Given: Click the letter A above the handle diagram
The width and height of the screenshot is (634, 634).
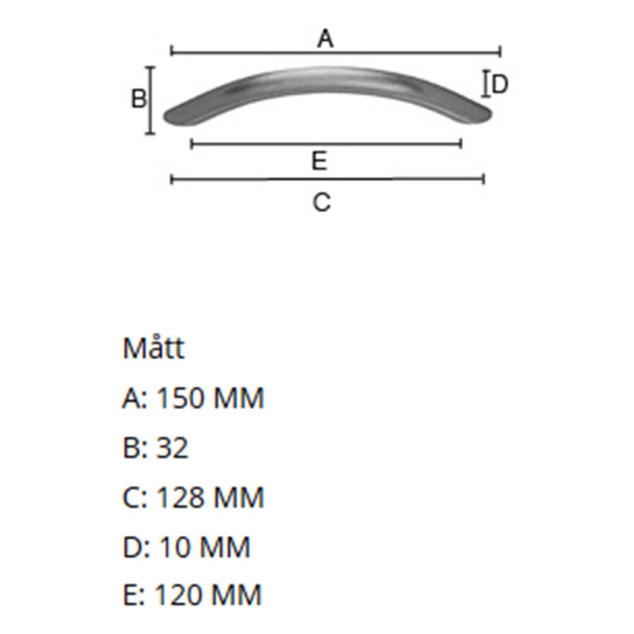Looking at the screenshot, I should [x=325, y=39].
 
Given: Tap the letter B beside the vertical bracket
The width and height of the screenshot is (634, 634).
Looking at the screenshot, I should [x=139, y=99].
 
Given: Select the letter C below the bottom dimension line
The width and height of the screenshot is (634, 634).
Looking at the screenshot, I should [x=322, y=203].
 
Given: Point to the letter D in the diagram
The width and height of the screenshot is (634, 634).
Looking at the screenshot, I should [x=500, y=84].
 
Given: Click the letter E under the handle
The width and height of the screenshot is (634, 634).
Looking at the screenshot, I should [x=320, y=162].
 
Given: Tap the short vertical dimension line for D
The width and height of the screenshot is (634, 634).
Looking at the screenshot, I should [x=486, y=84].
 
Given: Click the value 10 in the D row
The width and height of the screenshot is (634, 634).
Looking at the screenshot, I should [x=174, y=547].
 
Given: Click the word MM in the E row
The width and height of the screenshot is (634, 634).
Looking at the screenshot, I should [x=236, y=596].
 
